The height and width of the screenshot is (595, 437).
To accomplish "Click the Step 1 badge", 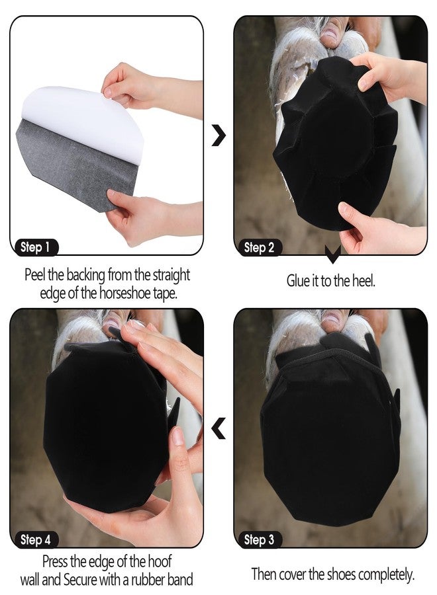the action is [36, 247].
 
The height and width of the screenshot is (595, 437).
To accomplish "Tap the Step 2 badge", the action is [260, 247].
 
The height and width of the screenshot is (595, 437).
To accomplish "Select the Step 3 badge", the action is [260, 539].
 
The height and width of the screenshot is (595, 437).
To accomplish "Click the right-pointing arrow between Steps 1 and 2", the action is [219, 136].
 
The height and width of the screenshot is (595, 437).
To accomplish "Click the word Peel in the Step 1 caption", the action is [35, 274].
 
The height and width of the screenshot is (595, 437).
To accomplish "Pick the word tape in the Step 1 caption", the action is [165, 294].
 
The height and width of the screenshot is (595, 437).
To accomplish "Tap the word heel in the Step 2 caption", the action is [364, 281].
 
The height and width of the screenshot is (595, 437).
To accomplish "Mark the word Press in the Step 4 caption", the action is [55, 561].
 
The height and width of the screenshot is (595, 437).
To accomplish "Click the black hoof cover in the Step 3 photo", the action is [331, 432].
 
